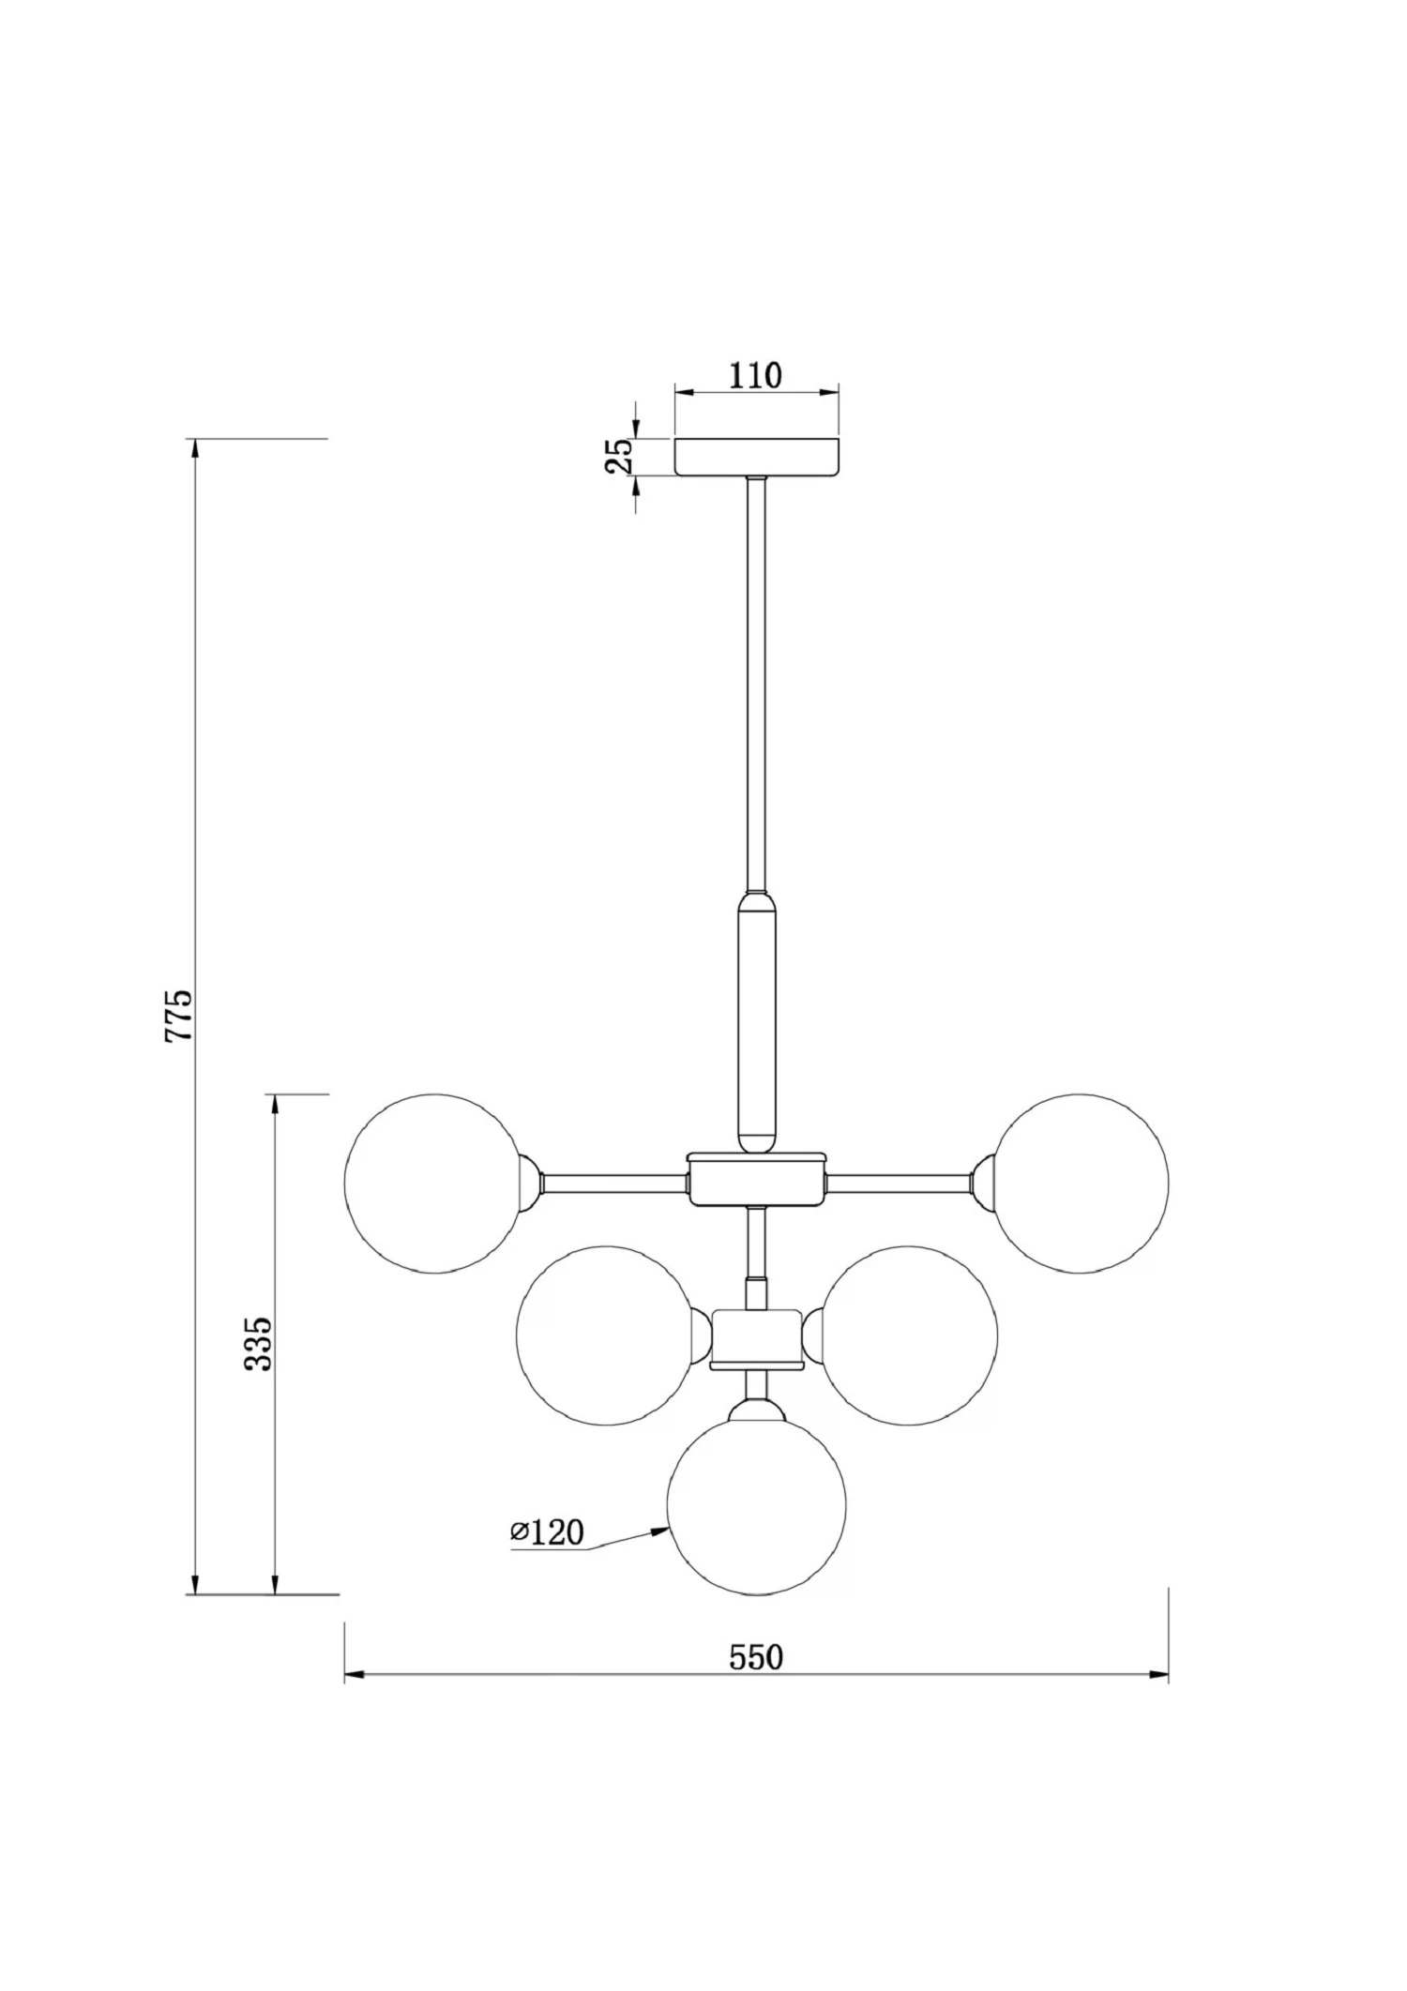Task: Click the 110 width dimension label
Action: point(755,375)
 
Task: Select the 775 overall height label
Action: point(178,1015)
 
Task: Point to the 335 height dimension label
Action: point(258,1344)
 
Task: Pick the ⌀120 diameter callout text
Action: point(547,1532)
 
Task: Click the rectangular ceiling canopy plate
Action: point(756,457)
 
